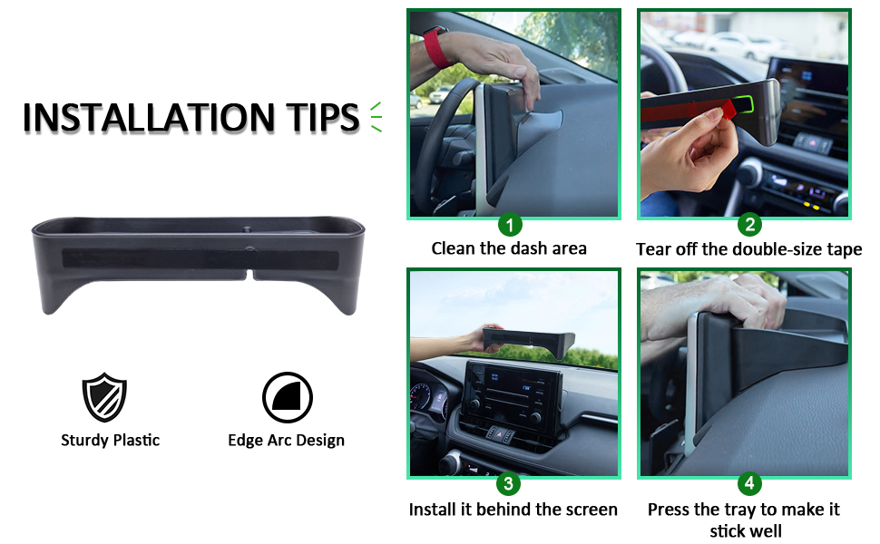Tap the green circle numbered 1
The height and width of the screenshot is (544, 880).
click(511, 224)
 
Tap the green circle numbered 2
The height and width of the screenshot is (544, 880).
click(748, 224)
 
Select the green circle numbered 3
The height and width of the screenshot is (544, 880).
click(511, 484)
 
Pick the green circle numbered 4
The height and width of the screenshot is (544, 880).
click(748, 484)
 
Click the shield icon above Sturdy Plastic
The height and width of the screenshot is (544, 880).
click(104, 397)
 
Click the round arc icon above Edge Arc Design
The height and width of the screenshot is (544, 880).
click(287, 398)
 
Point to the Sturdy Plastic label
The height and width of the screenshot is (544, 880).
click(110, 441)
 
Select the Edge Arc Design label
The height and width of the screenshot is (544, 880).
click(286, 441)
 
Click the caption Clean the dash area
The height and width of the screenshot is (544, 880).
click(509, 248)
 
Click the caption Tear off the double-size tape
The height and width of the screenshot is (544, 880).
click(748, 249)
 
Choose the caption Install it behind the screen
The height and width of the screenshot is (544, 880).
click(513, 510)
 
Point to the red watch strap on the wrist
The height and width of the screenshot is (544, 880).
click(436, 45)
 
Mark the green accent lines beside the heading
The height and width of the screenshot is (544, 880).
click(375, 118)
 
